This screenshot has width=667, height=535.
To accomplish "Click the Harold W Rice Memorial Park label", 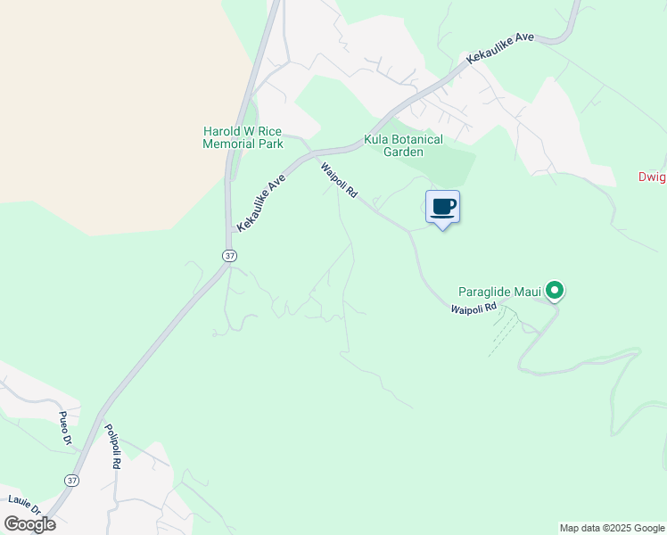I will pos(243,138).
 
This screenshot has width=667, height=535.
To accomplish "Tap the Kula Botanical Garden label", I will pos(403,145).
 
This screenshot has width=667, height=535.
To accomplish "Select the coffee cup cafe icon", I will pos(443,208).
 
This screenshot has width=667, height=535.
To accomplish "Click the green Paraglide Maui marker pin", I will pos(554,290).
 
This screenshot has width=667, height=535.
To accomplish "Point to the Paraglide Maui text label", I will pos(500,291).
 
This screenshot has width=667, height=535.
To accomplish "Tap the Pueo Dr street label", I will pos(64,428).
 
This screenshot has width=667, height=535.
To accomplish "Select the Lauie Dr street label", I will pos(24,505).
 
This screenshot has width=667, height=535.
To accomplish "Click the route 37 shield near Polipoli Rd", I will pos(70,481).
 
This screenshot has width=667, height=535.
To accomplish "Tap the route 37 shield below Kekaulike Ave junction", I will pos(229,255).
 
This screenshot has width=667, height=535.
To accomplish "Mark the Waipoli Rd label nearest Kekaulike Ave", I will pos(338,178).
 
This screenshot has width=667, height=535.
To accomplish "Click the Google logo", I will pos(29,524).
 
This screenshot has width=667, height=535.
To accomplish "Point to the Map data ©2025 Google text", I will pos(612,528).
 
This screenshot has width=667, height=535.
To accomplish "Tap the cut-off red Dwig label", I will pos(652,177).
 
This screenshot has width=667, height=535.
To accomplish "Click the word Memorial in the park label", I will pos(228,144).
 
